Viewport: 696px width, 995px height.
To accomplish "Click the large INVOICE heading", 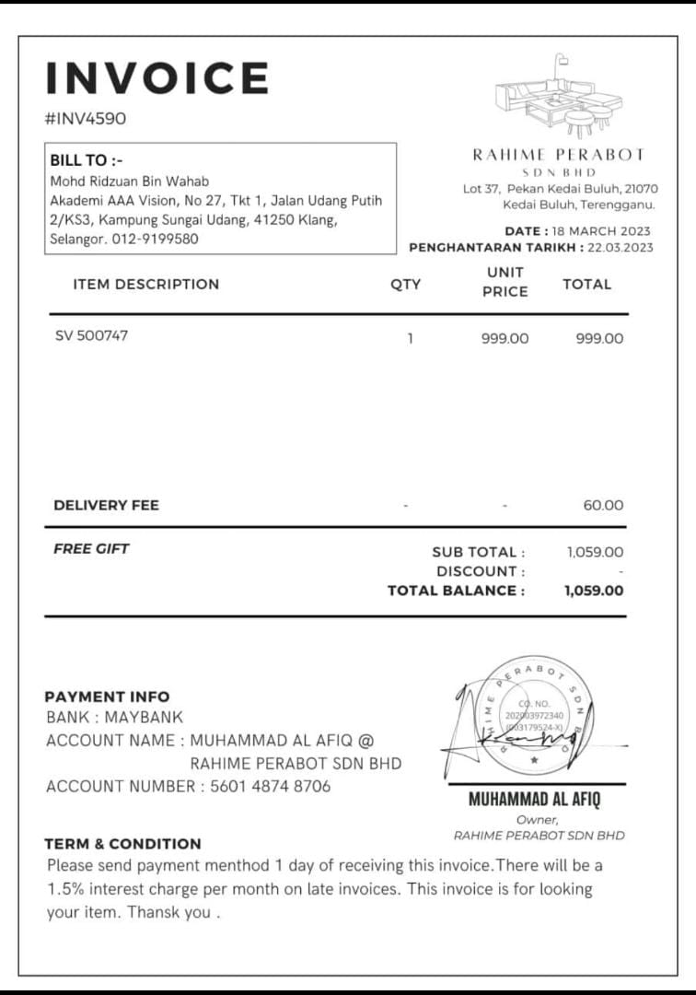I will (x=157, y=78).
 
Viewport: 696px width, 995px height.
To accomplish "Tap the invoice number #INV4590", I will (x=86, y=119).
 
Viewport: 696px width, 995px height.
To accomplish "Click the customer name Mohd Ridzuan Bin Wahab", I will (x=129, y=181).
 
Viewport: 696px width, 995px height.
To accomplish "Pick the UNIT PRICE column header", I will (x=505, y=282).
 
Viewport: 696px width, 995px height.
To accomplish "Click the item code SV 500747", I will (x=92, y=335).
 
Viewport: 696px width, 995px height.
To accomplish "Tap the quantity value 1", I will (x=410, y=338).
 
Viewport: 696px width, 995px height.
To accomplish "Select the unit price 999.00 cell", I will (x=505, y=338).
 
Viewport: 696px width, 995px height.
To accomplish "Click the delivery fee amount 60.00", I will (x=603, y=505).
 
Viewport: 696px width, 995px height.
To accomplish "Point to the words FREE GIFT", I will (x=91, y=548).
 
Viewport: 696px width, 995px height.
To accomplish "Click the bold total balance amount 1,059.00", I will (x=594, y=591).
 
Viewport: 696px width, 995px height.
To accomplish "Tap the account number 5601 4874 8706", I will (x=270, y=786).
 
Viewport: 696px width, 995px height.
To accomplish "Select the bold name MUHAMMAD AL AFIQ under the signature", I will (x=534, y=799).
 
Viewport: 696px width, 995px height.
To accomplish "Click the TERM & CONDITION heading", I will (x=122, y=843).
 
